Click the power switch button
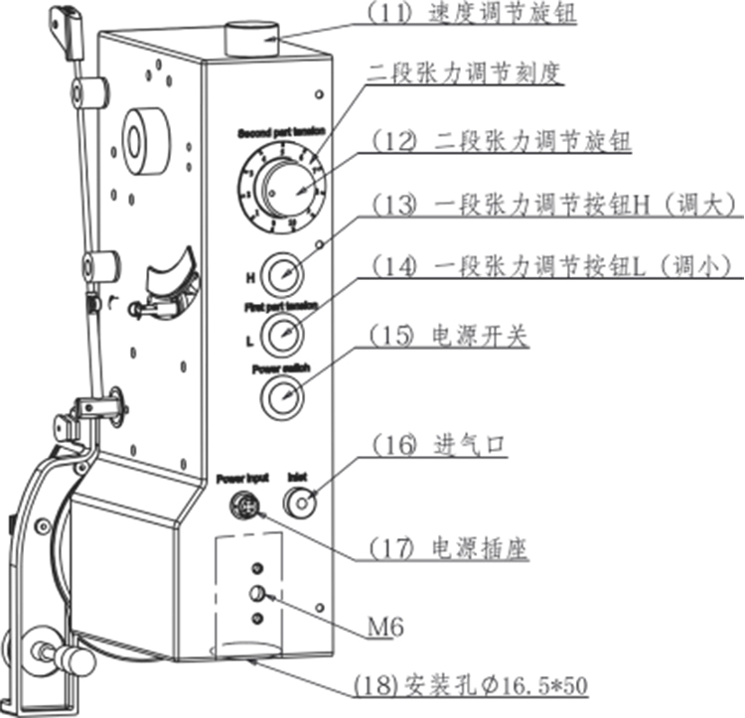pos(282,396)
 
